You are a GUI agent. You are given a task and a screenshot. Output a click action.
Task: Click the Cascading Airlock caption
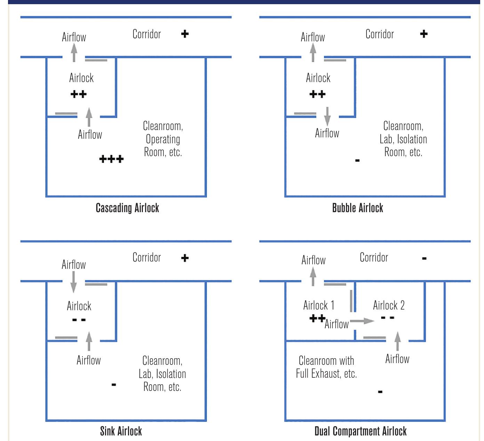(127, 208)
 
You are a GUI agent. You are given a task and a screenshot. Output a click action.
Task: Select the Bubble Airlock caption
(357, 208)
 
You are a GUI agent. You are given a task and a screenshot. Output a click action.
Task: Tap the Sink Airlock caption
(121, 431)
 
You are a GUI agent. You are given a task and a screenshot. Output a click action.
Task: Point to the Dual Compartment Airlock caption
(360, 431)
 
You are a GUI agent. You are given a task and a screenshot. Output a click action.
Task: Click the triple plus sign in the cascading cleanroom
(111, 159)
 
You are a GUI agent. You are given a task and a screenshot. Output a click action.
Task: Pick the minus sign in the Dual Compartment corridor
(424, 258)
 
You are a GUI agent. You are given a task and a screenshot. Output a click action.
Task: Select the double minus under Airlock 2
(387, 318)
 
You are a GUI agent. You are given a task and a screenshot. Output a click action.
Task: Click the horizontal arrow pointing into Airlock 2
(362, 321)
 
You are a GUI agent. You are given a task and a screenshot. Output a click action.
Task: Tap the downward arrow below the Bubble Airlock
(327, 116)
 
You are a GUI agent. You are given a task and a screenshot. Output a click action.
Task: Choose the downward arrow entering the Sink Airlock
(73, 282)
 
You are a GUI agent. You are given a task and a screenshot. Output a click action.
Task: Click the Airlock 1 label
(319, 305)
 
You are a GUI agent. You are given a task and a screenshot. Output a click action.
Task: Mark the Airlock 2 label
(389, 305)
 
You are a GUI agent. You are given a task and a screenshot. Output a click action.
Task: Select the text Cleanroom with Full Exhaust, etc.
(326, 367)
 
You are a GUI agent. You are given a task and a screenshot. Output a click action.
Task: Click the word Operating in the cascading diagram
(163, 139)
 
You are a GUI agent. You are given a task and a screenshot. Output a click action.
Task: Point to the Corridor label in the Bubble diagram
(380, 34)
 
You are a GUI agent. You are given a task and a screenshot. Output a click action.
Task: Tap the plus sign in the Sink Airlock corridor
(185, 258)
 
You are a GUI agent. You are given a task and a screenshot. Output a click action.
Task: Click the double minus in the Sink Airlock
(79, 320)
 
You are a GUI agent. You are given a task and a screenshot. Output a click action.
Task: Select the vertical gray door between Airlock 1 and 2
(351, 301)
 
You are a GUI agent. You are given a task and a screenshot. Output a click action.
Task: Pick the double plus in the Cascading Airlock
(79, 94)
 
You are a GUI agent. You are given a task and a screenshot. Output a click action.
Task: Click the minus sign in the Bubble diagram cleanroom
(357, 160)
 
